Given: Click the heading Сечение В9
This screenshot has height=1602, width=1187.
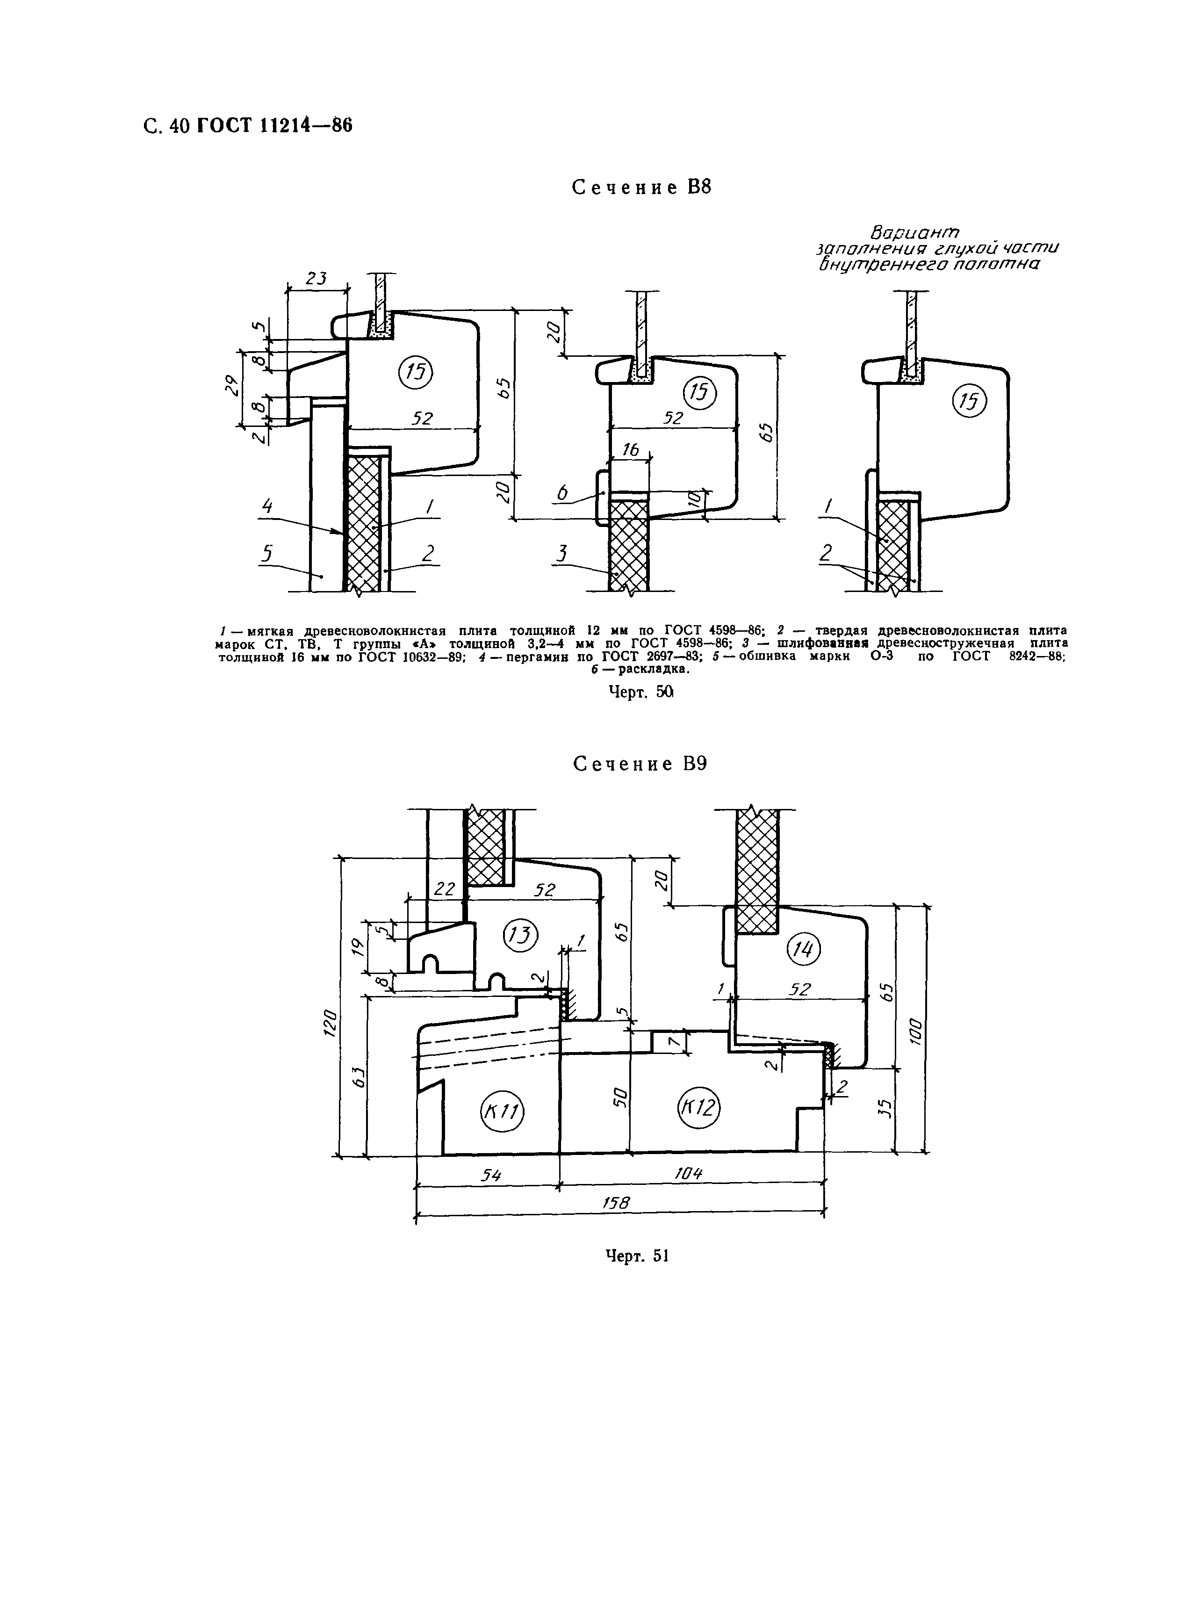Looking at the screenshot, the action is (640, 764).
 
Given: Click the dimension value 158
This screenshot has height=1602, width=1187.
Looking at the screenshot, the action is (615, 1202).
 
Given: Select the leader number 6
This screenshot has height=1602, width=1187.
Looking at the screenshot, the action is (562, 492).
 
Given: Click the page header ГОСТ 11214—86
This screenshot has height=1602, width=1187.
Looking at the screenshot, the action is (274, 126).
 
